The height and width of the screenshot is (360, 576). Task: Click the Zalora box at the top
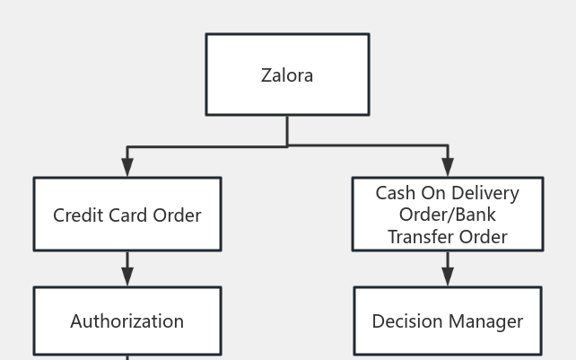[x=287, y=75]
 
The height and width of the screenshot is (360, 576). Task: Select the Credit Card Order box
[x=127, y=214]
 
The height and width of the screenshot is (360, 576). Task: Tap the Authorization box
[x=127, y=320]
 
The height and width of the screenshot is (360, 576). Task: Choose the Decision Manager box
[x=448, y=320]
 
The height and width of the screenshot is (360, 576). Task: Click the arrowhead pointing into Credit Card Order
[x=127, y=167]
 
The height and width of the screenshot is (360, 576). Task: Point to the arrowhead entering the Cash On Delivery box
[x=448, y=167]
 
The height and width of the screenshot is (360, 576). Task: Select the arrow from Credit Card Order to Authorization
[x=127, y=269]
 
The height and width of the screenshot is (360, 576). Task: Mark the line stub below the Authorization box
[x=127, y=357]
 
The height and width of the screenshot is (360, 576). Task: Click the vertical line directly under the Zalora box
[x=287, y=130]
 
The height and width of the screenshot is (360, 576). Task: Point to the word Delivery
[x=485, y=193]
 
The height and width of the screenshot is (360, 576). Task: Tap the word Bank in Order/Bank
[x=475, y=215]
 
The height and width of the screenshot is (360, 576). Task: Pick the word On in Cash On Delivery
[x=433, y=193]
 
